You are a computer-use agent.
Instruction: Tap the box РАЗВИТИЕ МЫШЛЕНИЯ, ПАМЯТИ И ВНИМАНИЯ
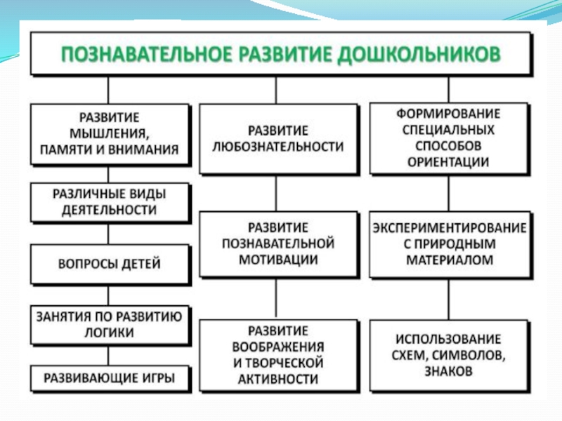pyautogui.click(x=110, y=133)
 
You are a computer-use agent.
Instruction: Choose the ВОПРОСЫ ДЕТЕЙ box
pyautogui.click(x=110, y=264)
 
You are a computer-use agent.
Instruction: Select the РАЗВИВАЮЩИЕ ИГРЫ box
pyautogui.click(x=110, y=379)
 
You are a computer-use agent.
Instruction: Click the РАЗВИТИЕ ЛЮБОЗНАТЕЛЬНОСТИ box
pyautogui.click(x=275, y=139)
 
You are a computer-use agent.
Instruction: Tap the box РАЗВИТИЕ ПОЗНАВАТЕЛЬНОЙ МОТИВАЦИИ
pyautogui.click(x=275, y=243)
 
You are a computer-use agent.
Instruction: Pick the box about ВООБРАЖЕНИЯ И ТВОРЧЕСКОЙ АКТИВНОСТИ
pyautogui.click(x=275, y=354)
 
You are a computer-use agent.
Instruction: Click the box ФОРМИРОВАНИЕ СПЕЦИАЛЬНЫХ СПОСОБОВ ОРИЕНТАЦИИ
pyautogui.click(x=448, y=138)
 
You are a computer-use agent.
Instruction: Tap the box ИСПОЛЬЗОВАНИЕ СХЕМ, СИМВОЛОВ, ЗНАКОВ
pyautogui.click(x=448, y=354)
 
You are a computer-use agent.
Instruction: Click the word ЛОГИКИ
pyautogui.click(x=110, y=333)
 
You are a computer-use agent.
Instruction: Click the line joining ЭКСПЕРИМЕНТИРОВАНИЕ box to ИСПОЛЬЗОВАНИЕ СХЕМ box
pyautogui.click(x=448, y=297)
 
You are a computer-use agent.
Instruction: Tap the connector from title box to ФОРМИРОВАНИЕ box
pyautogui.click(x=448, y=88)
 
